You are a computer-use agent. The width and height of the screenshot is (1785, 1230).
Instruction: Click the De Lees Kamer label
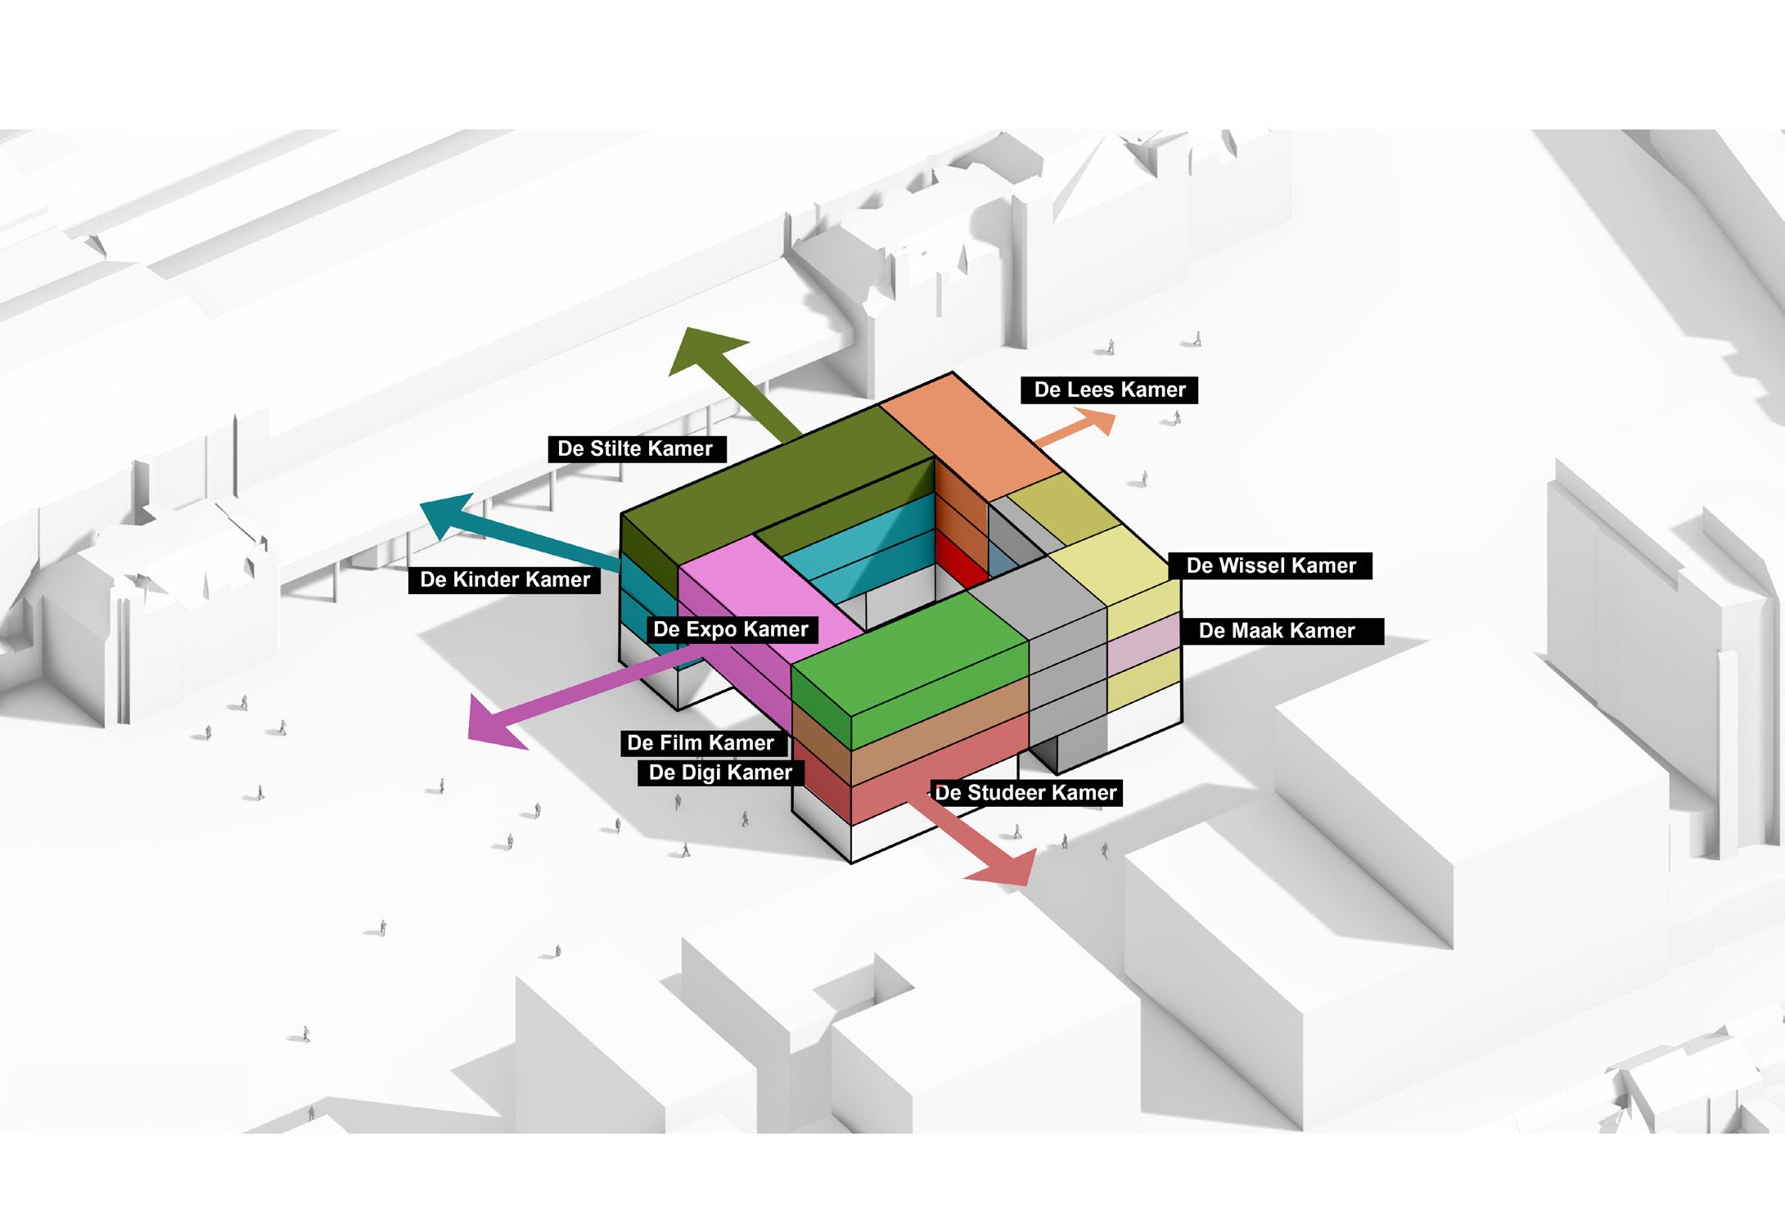[1109, 390]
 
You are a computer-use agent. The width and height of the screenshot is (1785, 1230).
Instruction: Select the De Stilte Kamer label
[635, 448]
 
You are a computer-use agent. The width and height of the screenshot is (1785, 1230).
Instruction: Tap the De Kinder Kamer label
[504, 579]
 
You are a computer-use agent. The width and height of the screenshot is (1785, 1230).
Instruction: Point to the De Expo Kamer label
[730, 629]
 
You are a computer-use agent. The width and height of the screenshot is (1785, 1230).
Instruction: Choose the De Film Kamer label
[701, 742]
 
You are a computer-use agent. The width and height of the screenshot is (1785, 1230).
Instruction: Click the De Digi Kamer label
[720, 773]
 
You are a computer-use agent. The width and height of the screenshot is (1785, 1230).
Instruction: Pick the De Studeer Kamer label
[1025, 792]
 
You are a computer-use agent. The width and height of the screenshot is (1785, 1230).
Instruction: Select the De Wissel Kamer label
[1271, 565]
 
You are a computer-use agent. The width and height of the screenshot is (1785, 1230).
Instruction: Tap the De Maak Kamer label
[1277, 631]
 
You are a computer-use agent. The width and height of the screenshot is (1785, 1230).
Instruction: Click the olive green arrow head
[704, 350]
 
